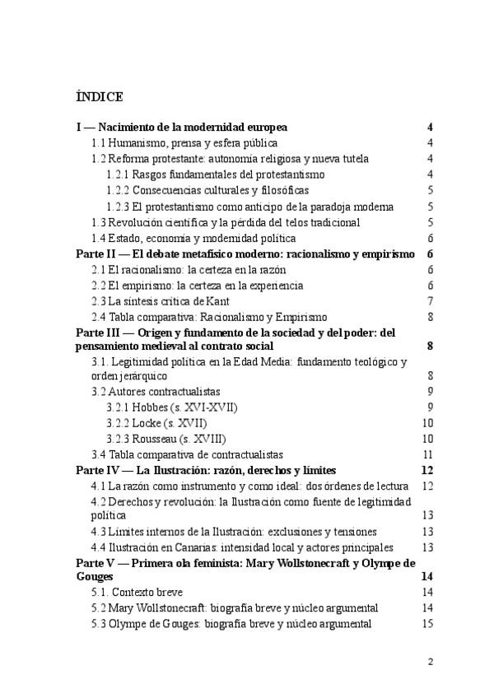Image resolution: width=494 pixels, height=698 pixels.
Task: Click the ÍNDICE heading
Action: tap(99, 97)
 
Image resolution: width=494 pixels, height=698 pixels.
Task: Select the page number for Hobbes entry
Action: tap(430, 407)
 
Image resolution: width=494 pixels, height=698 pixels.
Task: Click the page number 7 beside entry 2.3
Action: tap(430, 301)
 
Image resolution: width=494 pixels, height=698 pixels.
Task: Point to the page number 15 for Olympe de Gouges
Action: tap(427, 624)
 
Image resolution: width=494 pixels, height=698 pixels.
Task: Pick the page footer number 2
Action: tap(430, 661)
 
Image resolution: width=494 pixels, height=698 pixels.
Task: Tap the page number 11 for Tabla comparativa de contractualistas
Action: tap(427, 454)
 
